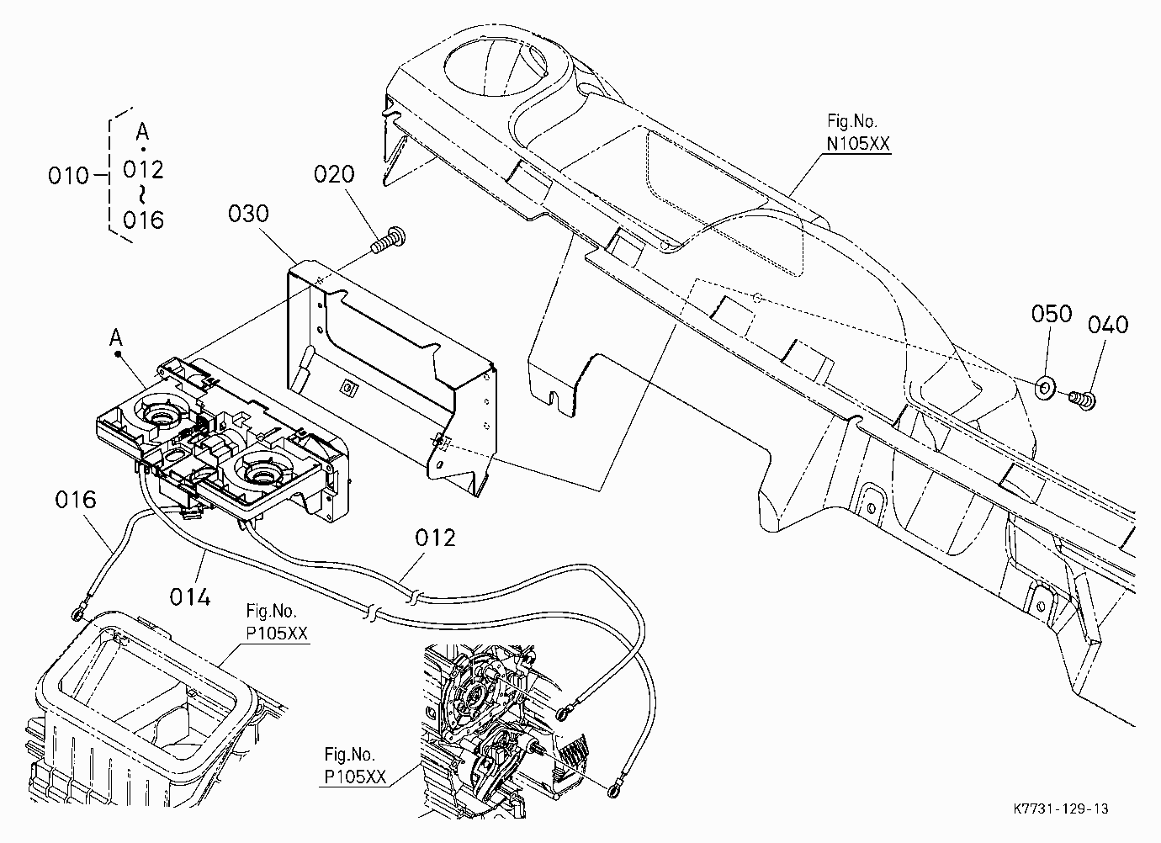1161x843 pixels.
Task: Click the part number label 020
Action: pos(334,175)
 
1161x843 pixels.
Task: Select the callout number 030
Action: pos(248,215)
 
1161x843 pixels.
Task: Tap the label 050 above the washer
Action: pos(1052,314)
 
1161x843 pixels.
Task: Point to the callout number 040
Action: pos(1108,325)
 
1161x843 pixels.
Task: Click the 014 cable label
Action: pos(189,597)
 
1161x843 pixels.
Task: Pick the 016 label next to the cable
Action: pos(76,501)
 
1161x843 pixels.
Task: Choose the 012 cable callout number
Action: pos(436,538)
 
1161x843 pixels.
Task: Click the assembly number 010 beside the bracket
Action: pos(68,177)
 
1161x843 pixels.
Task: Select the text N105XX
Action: pos(858,143)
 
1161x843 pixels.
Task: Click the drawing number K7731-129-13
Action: pos(1061,809)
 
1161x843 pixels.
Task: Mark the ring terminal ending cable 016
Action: pos(77,615)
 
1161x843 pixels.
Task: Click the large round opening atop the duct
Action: pos(495,71)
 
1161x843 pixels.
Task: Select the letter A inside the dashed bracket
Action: pos(142,132)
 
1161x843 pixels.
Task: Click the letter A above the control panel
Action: pos(116,338)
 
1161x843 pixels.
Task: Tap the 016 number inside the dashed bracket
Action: pos(144,220)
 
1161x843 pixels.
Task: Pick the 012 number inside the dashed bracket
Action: pos(144,170)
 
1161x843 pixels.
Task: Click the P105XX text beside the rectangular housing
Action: pos(277,634)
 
